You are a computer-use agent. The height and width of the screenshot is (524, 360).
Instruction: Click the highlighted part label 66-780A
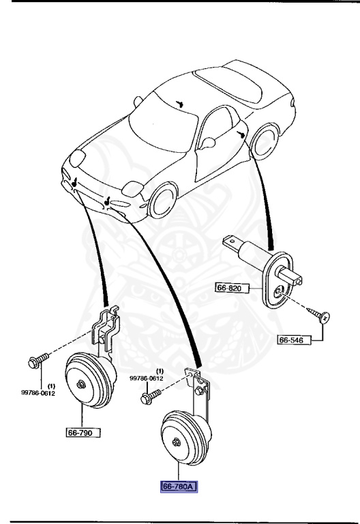[x=179, y=486]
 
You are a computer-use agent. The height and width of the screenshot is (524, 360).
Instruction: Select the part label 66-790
[x=83, y=433]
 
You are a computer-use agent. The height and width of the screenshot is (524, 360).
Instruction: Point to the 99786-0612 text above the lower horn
[x=147, y=378]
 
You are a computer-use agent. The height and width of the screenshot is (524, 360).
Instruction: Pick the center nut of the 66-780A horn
[x=177, y=441]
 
